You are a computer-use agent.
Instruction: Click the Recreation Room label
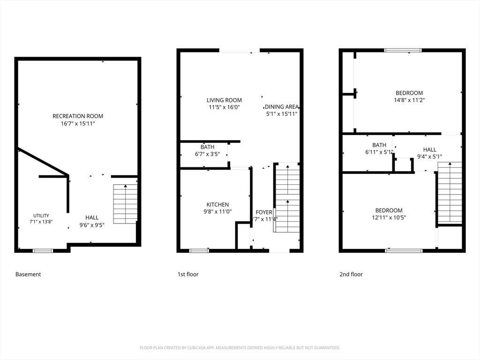(x=78, y=116)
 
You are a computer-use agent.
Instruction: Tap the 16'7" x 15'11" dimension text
(x=78, y=124)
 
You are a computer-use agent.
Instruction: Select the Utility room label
(x=41, y=216)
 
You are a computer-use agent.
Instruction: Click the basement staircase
(x=125, y=203)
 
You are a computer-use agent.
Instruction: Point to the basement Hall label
(x=92, y=217)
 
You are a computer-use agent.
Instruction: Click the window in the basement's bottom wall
(x=43, y=251)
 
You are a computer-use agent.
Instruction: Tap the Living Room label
(x=224, y=100)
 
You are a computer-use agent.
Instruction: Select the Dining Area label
(x=282, y=107)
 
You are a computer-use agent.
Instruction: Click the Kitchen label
(x=217, y=204)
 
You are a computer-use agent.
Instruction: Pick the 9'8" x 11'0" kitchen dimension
(x=217, y=211)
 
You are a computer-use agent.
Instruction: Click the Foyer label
(x=264, y=212)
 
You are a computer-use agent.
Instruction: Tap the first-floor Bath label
(x=207, y=147)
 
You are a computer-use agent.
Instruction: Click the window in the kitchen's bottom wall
(x=199, y=251)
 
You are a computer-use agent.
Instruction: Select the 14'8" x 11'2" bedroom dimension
(x=409, y=100)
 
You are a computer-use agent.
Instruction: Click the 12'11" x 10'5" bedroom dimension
(x=389, y=217)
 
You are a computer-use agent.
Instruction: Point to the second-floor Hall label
(x=429, y=150)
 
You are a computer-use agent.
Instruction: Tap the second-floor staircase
(x=450, y=193)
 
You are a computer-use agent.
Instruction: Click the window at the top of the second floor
(x=403, y=51)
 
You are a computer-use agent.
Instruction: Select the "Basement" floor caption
(x=28, y=274)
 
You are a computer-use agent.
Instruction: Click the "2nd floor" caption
(x=351, y=274)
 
